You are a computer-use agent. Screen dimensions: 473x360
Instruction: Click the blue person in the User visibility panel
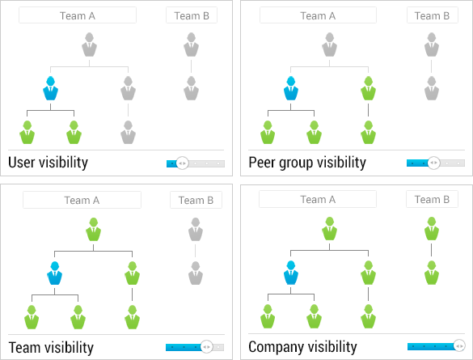(50, 88)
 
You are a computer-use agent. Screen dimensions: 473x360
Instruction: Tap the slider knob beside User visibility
(182, 163)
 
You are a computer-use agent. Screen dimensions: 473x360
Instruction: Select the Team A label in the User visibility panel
(78, 15)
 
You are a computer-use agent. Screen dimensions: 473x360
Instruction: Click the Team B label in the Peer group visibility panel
(432, 15)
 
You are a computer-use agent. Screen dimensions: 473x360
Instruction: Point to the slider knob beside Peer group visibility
(433, 163)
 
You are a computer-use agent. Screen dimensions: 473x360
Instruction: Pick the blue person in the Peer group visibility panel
(291, 88)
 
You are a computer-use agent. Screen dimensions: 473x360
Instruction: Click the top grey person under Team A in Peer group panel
(329, 44)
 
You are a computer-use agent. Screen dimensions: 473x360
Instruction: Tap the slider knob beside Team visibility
(207, 347)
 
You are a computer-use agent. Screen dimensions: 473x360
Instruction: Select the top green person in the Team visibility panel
(93, 229)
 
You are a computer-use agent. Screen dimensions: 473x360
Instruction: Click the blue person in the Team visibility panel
(55, 273)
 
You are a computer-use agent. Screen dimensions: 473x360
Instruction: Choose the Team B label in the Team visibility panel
(196, 200)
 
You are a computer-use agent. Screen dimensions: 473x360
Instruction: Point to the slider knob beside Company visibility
(459, 345)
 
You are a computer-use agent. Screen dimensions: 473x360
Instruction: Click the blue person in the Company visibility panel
(291, 273)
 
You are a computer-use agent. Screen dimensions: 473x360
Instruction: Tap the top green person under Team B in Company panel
(432, 229)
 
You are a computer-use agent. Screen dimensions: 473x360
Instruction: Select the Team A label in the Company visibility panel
(318, 200)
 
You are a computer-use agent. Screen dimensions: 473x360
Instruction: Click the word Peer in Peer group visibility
(261, 163)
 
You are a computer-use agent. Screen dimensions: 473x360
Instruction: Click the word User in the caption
(21, 163)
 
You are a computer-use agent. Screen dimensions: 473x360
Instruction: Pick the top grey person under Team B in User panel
(191, 44)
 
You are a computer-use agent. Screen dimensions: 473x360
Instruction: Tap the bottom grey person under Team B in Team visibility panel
(196, 273)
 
